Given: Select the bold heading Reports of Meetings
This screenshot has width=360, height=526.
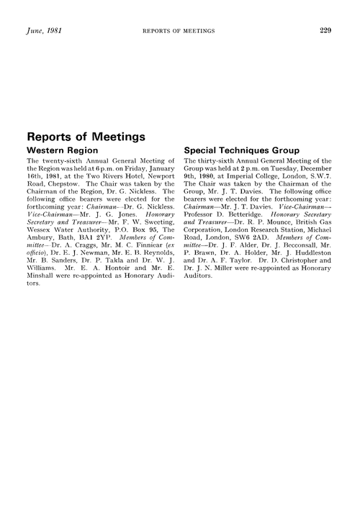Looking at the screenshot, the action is click(86, 135).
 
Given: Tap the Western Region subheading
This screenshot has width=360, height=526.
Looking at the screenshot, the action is click(65, 150).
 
